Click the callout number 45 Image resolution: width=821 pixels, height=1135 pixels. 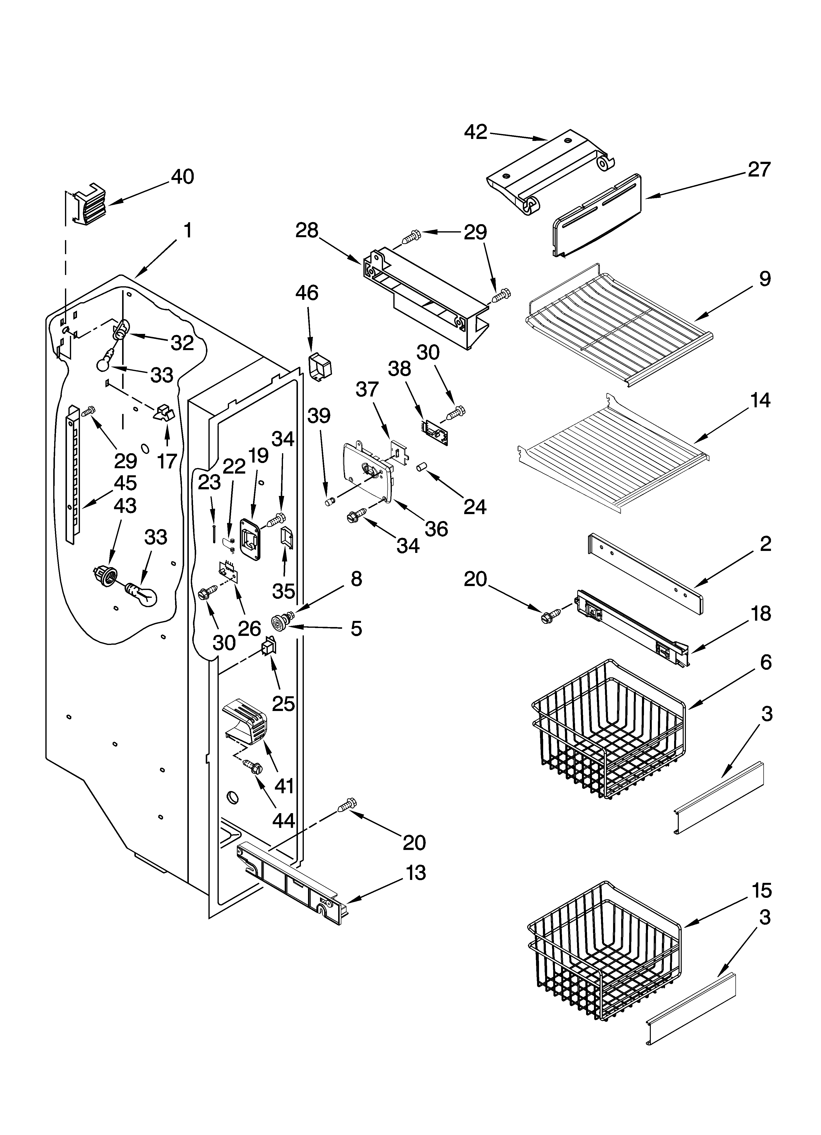point(125,483)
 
